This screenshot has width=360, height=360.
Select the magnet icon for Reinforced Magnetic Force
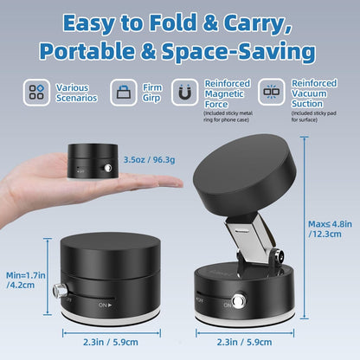[x=184, y=91]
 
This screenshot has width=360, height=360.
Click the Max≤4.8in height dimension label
[x=330, y=228]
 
